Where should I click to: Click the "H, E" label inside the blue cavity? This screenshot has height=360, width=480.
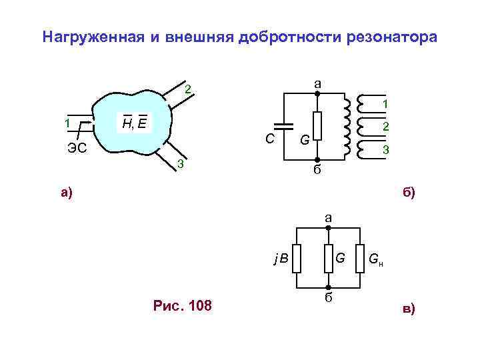(x=135, y=122)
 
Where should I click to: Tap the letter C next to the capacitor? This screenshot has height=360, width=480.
(x=269, y=139)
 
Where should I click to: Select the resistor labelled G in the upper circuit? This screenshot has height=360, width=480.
(x=318, y=125)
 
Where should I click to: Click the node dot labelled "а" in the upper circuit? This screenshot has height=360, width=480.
(x=318, y=94)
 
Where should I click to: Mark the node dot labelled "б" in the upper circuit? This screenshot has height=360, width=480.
(x=318, y=159)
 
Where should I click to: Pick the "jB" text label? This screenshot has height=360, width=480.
(x=281, y=258)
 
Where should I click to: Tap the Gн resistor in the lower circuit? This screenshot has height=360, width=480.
(x=360, y=259)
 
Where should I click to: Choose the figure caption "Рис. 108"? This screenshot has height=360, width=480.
(x=182, y=305)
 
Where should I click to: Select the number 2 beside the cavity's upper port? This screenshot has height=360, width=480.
(x=188, y=90)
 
